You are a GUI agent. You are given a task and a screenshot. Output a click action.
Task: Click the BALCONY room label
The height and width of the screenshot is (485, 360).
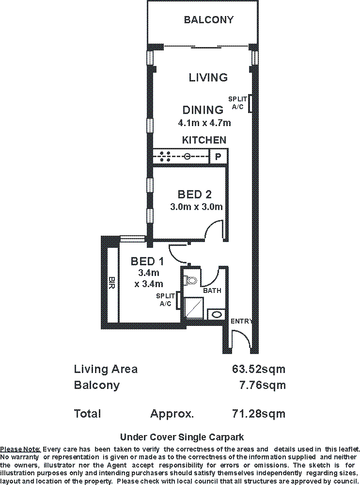pos(208,20)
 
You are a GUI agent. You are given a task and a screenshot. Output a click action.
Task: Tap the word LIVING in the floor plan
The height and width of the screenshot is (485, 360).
pos(208,77)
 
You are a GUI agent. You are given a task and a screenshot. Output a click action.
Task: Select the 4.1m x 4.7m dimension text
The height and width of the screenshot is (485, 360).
pos(204,123)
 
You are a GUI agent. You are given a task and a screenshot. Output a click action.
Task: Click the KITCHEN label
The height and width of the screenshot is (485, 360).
pos(204,140)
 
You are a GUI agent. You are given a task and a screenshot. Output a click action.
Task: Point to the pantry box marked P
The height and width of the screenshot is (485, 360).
pos(218,157)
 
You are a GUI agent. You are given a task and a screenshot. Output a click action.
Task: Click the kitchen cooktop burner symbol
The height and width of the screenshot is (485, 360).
pos(164,156)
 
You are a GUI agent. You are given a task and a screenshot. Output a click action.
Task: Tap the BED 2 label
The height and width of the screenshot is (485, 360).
pos(195,194)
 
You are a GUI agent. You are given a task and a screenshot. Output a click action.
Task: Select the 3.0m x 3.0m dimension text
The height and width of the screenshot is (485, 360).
pos(196,207)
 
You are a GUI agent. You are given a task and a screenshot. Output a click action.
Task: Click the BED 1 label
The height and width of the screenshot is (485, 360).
pos(147,261)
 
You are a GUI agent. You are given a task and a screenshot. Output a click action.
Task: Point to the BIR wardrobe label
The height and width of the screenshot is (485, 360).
pos(112,283)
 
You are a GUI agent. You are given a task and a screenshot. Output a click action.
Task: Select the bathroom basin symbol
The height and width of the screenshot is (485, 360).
pos(217,315)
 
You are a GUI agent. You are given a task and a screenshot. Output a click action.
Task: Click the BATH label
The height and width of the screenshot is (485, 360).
pos(212,291)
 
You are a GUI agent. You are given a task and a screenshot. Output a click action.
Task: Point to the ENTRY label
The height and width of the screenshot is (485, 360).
pos(241,321)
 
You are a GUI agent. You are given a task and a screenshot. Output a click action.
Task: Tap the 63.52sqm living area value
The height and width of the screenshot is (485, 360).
pos(258,369)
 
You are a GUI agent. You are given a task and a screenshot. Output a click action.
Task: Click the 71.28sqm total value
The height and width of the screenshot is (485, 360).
pos(258,414)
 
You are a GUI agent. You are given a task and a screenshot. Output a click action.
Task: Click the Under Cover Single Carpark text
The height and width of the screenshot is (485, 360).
pos(182,436)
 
